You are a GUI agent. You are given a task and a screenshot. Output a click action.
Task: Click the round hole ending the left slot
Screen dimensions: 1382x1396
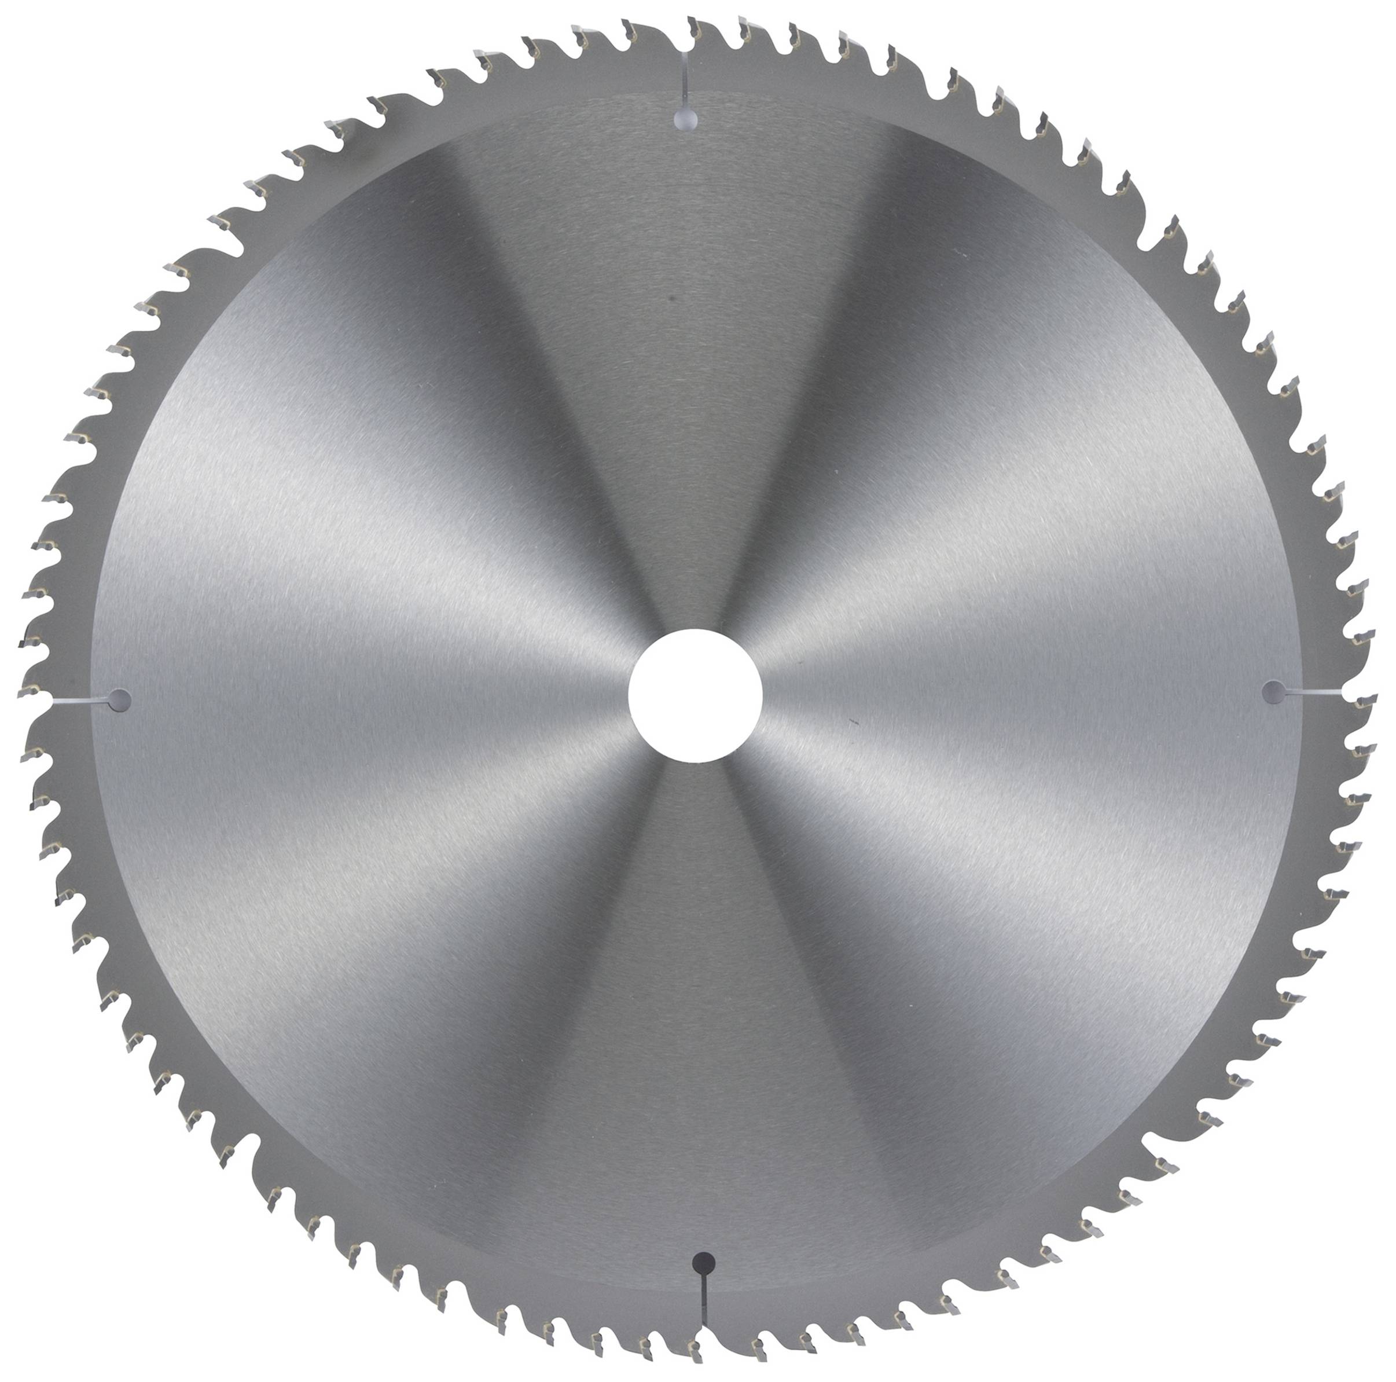120,699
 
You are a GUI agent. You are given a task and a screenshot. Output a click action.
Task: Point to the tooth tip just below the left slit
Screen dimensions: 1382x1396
30,752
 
